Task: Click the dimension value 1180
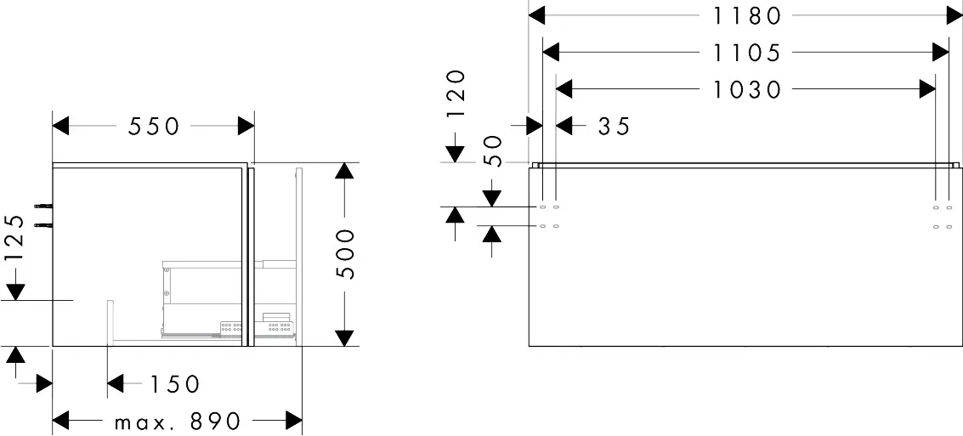[x=745, y=15]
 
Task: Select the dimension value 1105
[x=746, y=53]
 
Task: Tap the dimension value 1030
[x=746, y=89]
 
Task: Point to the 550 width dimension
[x=154, y=127]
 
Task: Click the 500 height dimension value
[x=344, y=253]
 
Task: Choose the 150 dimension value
[x=174, y=384]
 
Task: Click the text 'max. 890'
[x=177, y=421]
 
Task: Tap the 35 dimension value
[x=614, y=127]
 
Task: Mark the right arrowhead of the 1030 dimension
[x=926, y=89]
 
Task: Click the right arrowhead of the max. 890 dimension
[x=294, y=421]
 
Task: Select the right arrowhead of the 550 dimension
[x=246, y=127]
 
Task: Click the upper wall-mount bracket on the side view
[x=42, y=206]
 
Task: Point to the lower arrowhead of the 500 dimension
[x=344, y=337]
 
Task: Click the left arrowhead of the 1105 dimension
[x=551, y=53]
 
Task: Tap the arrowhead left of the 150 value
[x=116, y=384]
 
